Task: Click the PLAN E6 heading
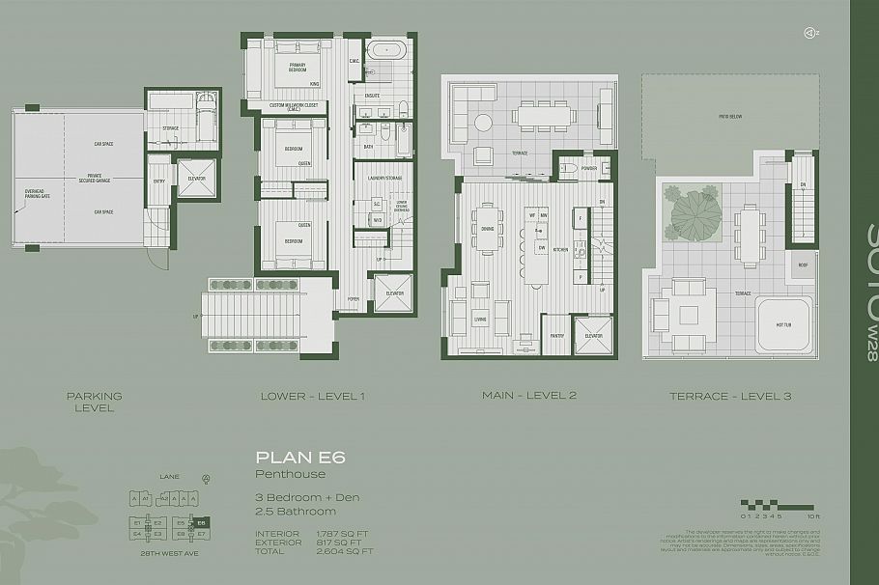point(287,458)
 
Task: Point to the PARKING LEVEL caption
point(94,402)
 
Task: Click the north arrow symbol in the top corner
point(809,32)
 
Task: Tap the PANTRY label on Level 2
point(529,336)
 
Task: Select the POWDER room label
point(590,168)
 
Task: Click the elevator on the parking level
point(190,177)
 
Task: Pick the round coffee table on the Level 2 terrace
point(483,121)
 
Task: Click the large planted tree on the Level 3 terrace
point(693,216)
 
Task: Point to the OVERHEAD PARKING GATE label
point(36,204)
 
